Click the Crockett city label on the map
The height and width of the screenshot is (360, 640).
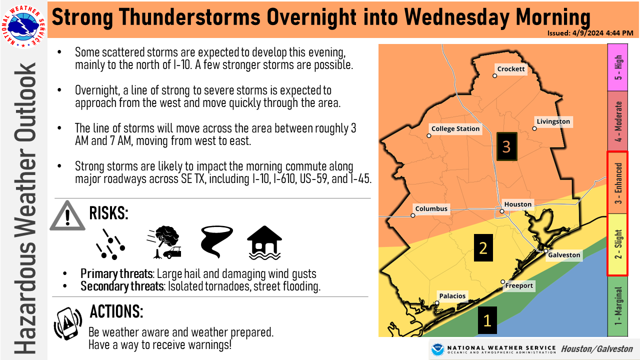coord(511,69)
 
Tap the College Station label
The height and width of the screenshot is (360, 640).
coord(455,128)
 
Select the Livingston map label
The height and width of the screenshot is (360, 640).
coord(553,121)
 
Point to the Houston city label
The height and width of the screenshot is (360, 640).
coord(517,204)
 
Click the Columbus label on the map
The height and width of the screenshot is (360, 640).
coord(431,208)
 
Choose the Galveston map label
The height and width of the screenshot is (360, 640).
coord(564,255)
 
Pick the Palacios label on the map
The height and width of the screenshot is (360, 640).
coord(452,295)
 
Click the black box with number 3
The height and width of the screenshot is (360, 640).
coord(506,146)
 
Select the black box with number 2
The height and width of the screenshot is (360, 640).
coord(483,247)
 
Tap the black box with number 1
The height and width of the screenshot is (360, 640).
coord(486,320)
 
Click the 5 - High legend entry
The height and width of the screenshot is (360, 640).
coord(618,67)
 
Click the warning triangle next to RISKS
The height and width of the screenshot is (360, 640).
coord(67,216)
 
